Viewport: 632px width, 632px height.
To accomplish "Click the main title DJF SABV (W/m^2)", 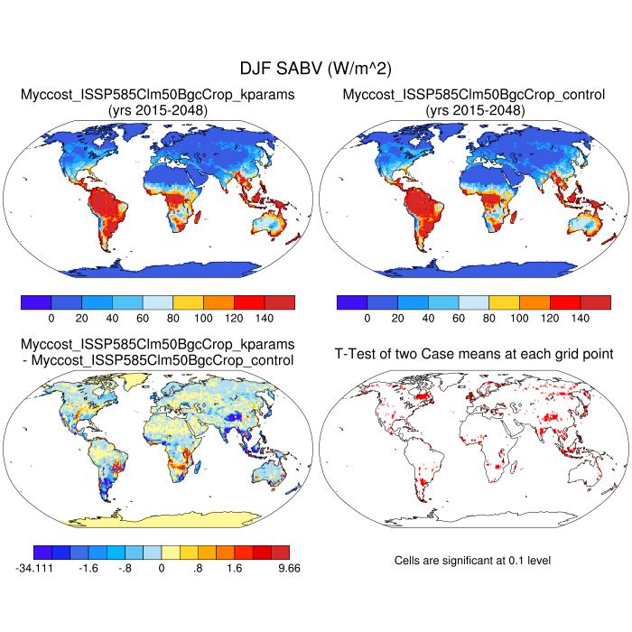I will coord(315,69).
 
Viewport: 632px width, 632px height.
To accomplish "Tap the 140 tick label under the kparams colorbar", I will coord(264,319).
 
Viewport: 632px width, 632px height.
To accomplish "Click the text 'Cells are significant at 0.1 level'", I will coord(472,561).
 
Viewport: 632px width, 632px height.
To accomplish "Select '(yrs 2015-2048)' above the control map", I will coord(474,110).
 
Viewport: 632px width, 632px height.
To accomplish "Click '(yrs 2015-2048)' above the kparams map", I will coord(158,110).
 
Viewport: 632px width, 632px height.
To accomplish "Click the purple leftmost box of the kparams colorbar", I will coord(35,302).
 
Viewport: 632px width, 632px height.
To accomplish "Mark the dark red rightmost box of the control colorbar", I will coord(596,302).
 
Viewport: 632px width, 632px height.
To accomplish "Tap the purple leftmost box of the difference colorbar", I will coord(42,552).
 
